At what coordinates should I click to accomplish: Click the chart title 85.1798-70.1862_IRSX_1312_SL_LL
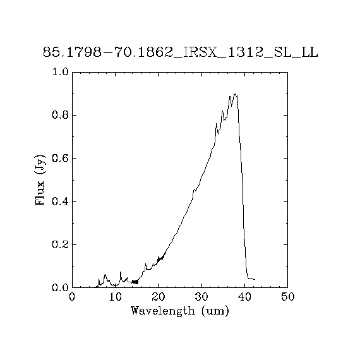(181, 52)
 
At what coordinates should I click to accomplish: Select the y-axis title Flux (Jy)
(40, 180)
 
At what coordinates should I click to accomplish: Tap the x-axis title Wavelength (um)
(180, 311)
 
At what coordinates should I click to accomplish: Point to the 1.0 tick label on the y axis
(61, 72)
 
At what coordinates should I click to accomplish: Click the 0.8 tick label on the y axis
(61, 115)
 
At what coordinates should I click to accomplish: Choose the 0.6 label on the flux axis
(61, 158)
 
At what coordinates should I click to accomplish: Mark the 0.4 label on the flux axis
(61, 201)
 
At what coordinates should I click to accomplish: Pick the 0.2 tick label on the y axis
(61, 245)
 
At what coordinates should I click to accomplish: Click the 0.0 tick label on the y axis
(61, 287)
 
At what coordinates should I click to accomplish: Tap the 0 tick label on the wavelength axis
(72, 297)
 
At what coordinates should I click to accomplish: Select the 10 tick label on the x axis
(115, 297)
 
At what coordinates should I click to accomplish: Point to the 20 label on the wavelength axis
(159, 297)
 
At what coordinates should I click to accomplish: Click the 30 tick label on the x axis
(201, 297)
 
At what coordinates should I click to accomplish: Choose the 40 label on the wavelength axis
(245, 297)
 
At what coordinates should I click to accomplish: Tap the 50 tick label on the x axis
(287, 297)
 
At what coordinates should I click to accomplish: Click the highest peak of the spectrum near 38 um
(235, 94)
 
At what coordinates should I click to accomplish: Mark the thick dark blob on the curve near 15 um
(135, 282)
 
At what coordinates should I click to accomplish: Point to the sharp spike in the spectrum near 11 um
(121, 272)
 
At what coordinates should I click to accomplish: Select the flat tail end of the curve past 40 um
(251, 279)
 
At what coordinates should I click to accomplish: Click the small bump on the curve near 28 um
(195, 190)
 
